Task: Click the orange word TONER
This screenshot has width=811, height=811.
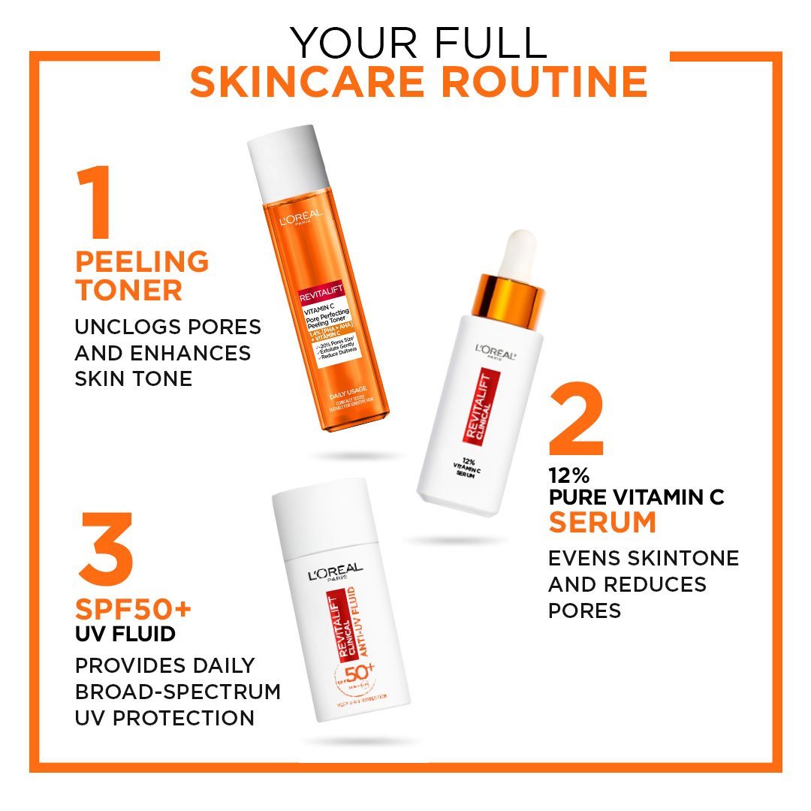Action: point(128,291)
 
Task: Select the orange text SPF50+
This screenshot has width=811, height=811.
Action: point(134,607)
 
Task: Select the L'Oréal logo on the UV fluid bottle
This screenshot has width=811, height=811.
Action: point(335,573)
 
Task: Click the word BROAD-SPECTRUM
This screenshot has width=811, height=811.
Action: point(177,691)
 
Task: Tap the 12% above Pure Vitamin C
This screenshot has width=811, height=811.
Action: point(568,475)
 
